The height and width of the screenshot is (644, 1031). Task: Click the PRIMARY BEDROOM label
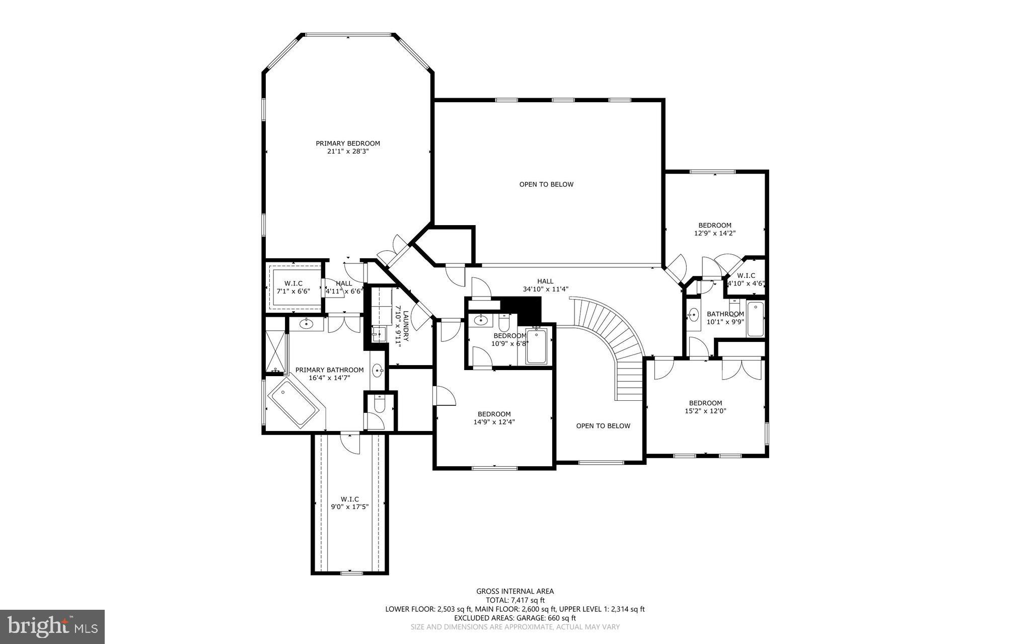point(347,144)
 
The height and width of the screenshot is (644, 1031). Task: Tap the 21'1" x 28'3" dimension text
point(347,151)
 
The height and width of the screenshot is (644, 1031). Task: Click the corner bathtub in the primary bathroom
point(293,403)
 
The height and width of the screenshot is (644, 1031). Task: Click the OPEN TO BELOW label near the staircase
point(603,426)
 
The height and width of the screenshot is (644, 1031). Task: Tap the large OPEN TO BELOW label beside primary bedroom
point(546,184)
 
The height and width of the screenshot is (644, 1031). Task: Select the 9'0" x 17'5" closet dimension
point(349,507)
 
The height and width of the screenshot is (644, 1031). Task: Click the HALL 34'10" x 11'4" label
point(545,285)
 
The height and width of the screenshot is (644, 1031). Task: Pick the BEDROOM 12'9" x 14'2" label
point(714,229)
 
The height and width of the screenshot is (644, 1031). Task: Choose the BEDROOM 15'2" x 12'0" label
point(705,407)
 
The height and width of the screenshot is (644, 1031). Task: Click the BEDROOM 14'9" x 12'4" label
point(494,418)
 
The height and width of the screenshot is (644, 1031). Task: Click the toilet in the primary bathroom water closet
point(380,403)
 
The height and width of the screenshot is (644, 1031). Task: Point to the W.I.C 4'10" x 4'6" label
point(746,279)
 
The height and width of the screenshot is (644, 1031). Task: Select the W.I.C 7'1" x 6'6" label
point(293,287)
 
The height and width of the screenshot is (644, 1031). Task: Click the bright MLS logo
point(52,626)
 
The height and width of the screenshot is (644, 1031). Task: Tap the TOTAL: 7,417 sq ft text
point(515,600)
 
